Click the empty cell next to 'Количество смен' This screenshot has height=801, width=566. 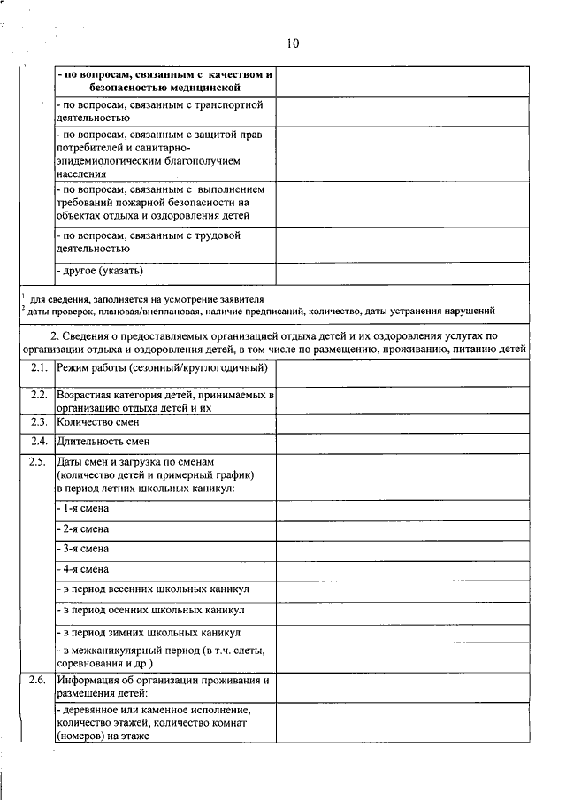click(x=402, y=423)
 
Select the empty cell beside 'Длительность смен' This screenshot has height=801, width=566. click(x=402, y=442)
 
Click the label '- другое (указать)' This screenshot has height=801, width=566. click(x=99, y=270)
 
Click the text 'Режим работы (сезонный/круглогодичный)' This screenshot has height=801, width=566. click(x=161, y=366)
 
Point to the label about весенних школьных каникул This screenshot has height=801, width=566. click(x=153, y=589)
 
